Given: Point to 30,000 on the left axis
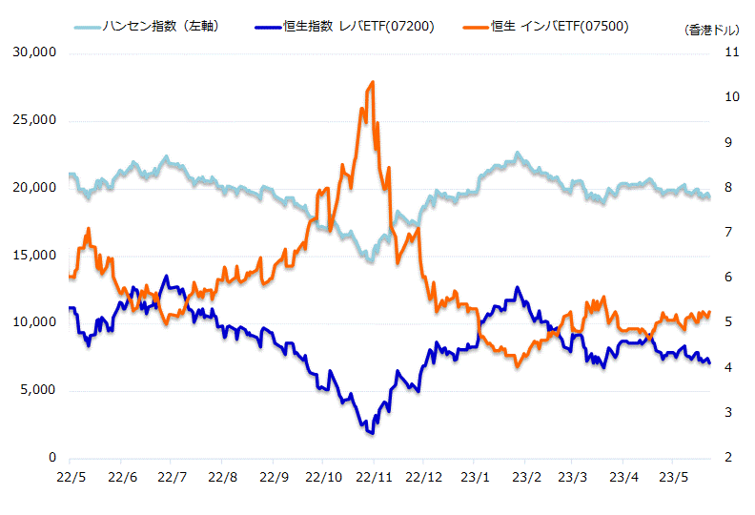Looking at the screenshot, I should pos(34,52).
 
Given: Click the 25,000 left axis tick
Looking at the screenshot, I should pos(34,120).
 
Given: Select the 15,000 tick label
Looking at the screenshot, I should pos(34,256).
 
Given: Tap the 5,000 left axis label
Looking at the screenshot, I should pos(38,391).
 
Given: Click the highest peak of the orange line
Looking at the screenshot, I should pos(372,82).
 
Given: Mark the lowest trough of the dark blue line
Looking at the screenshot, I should pos(371,433).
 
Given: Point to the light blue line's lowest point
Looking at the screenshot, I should pos(370,260).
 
